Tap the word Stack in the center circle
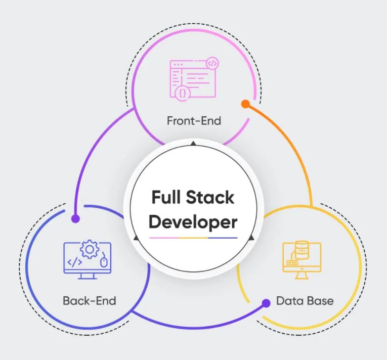pos(210,197)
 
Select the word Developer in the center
pos(193,223)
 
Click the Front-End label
pos(194,121)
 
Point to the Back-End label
pos(90,301)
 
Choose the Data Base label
pos(305,301)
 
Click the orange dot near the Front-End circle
pos(245,104)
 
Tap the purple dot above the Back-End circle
pos(75,218)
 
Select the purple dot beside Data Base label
pos(266,303)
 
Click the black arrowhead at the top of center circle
pos(193,144)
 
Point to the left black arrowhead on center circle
pos(136,238)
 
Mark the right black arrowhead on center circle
pos(251,238)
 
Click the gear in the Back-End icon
pos(90,249)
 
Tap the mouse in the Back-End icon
pos(104,262)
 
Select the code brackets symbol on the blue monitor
pos(74,262)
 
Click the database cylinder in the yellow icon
pos(302,250)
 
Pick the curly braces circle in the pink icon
pos(183,94)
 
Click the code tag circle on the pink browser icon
pos(212,63)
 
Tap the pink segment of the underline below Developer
pos(164,238)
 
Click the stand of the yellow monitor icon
pos(302,276)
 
